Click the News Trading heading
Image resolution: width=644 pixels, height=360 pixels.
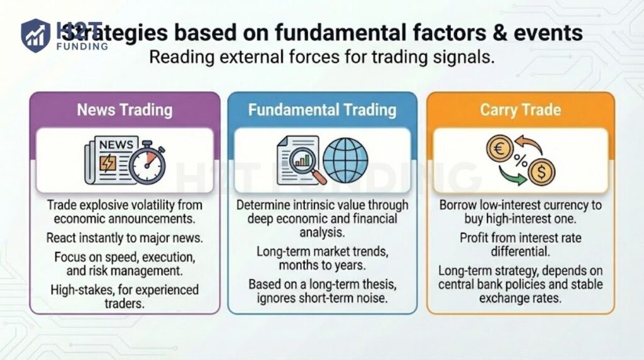[125, 110]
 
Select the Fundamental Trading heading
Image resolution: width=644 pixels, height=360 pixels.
[322, 110]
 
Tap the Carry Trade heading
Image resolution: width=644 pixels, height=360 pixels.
[520, 110]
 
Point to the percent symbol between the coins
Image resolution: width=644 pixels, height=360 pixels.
[521, 160]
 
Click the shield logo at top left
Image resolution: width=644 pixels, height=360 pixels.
[36, 35]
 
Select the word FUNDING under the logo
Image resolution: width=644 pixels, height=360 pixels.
[82, 46]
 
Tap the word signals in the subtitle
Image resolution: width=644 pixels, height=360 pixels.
[463, 58]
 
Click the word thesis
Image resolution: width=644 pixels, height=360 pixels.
[379, 284]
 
